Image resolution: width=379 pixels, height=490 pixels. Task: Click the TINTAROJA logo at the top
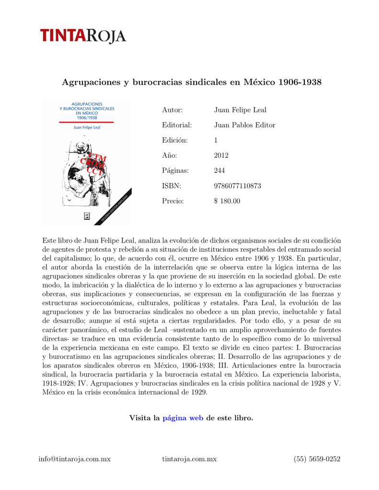[x=82, y=36]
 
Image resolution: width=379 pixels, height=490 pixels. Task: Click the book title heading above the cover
[x=192, y=82]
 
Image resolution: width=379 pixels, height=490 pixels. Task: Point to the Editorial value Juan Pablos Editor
[x=244, y=125]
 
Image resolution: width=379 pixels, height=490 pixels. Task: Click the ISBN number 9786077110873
[x=237, y=186]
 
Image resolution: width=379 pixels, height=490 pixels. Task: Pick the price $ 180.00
[x=227, y=201]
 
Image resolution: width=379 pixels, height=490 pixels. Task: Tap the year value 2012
[x=221, y=156]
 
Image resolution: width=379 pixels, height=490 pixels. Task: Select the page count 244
[x=219, y=171]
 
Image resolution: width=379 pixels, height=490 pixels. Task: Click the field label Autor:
[x=172, y=110]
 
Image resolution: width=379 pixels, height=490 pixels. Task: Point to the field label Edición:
[x=175, y=140]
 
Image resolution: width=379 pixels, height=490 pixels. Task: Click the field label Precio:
[x=173, y=201]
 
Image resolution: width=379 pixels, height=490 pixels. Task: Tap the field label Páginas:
[x=175, y=171]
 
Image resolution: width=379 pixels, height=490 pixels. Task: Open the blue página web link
[x=183, y=418]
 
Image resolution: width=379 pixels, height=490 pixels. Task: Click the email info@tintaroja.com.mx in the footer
[x=75, y=459]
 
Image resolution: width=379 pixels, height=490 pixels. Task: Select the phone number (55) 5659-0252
[x=317, y=459]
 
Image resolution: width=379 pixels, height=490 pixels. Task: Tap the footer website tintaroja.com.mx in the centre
[x=189, y=459]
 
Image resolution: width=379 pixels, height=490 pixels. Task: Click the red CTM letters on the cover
[x=97, y=157]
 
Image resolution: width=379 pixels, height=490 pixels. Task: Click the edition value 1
[x=216, y=140]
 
